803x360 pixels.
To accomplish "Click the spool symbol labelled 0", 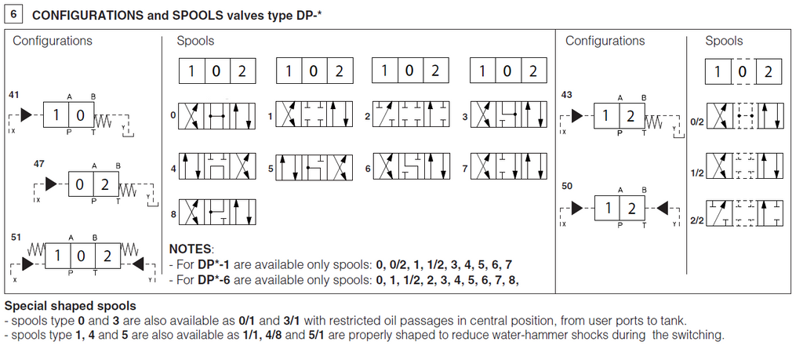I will coord(217,116).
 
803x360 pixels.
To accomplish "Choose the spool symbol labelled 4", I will coord(217,166).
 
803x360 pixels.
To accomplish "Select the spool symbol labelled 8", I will coord(217,212).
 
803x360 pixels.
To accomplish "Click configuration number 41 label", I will coord(14,95).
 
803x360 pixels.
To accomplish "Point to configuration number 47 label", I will coord(39,163).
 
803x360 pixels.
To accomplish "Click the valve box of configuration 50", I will coord(620,209).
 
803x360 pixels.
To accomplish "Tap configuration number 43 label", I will coord(567,95).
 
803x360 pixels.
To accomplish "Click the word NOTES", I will coord(191,249).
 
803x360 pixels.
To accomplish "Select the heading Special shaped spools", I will coord(71,306).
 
